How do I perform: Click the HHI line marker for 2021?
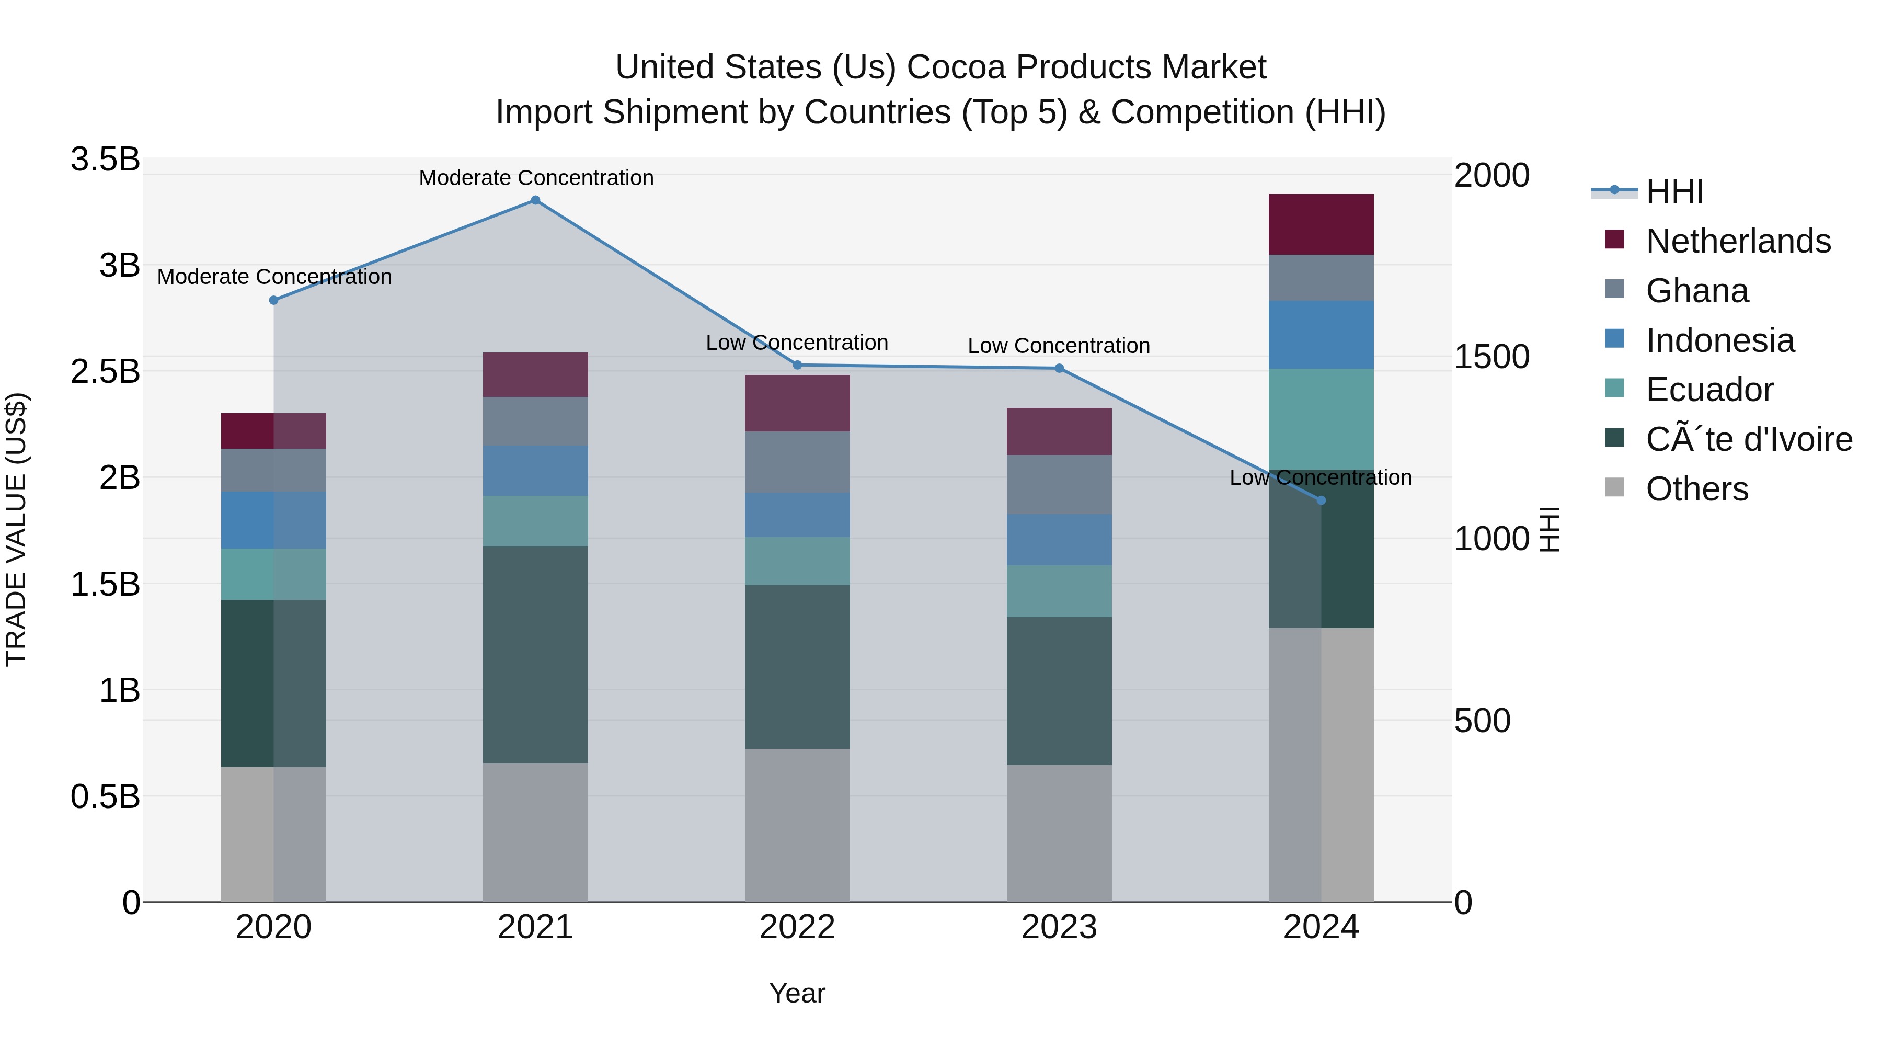click(x=535, y=200)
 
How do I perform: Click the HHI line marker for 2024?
click(x=1321, y=500)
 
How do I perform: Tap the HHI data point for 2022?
click(x=797, y=365)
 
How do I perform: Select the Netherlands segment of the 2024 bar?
click(x=1321, y=224)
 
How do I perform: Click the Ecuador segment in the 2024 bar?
click(x=1321, y=419)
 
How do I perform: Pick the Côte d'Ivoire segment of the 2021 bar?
click(x=535, y=654)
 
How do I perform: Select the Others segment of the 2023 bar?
click(x=1059, y=833)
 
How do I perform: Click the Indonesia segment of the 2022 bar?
click(x=797, y=515)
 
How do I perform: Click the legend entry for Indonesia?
click(x=1719, y=340)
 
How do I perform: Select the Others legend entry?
click(x=1696, y=489)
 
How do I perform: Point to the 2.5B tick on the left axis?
click(x=105, y=371)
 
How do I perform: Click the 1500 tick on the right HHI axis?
click(x=1491, y=357)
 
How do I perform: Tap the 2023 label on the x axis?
click(x=1059, y=927)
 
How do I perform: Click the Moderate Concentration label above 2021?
click(x=535, y=178)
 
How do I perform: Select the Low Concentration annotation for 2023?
click(x=1059, y=346)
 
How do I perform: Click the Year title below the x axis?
click(x=797, y=993)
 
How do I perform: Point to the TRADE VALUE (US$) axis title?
click(x=16, y=529)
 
